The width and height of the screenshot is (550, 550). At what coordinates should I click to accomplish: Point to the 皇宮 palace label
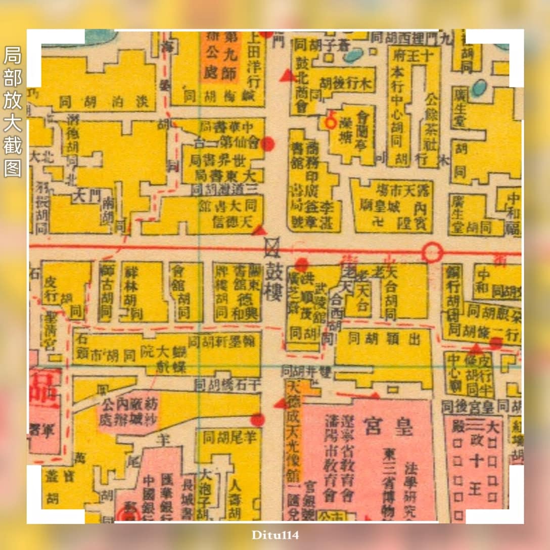tap(389, 428)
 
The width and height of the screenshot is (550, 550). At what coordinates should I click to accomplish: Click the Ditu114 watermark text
tap(275, 534)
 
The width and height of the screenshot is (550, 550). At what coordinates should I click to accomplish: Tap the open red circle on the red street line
tap(432, 252)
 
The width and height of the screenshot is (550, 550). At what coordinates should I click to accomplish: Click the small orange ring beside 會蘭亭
tap(330, 122)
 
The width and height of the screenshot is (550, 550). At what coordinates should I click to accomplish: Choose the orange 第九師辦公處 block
tap(220, 56)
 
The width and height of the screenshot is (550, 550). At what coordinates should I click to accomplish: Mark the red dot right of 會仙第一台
tap(268, 144)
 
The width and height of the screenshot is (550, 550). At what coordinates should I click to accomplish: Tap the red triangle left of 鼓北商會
tap(288, 76)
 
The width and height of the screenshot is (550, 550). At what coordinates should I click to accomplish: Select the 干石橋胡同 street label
tap(228, 385)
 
